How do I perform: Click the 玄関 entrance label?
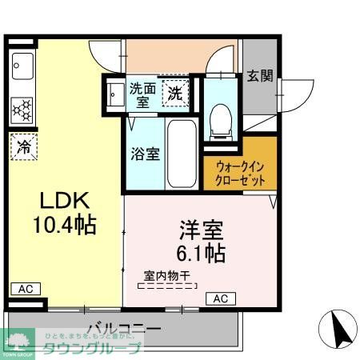click(259, 76)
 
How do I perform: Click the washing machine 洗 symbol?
click(174, 93)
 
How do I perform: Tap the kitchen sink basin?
click(22, 65)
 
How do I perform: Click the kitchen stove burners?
click(22, 106)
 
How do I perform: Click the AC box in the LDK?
click(23, 288)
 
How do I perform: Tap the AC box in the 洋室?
click(222, 299)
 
